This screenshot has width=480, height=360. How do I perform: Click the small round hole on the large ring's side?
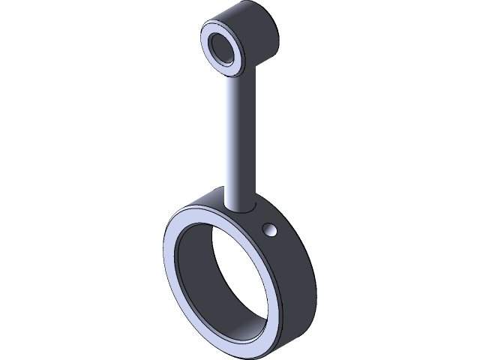[x=270, y=228]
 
